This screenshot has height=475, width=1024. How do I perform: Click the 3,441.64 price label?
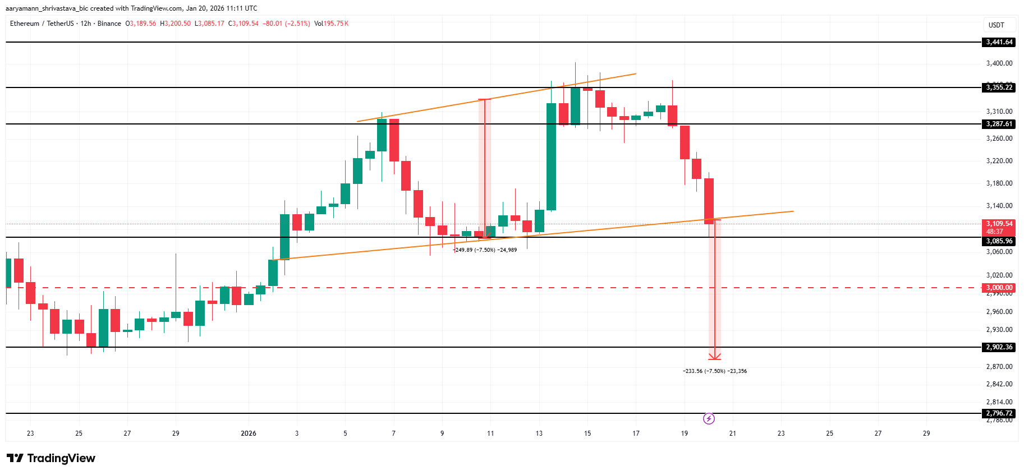(999, 42)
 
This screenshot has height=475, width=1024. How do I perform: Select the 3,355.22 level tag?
(999, 87)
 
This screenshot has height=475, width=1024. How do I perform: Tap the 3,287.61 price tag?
(999, 124)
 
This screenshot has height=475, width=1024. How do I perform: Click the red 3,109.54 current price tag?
(999, 224)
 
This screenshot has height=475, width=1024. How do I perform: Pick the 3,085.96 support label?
(999, 241)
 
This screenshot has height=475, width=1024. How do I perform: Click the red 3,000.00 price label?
(999, 288)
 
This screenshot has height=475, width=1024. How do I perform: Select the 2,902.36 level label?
(999, 347)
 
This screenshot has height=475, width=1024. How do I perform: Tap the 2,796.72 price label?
(999, 413)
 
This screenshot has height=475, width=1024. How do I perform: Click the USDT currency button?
(996, 25)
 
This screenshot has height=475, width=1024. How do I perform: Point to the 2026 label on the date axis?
(248, 434)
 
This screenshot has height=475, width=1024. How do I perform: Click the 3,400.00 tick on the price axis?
(999, 63)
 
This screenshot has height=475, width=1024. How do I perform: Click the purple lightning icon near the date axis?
(709, 418)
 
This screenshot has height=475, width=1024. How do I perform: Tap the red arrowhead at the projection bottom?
(714, 357)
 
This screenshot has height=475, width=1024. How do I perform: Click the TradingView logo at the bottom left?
(51, 458)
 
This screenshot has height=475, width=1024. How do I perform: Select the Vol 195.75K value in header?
(331, 24)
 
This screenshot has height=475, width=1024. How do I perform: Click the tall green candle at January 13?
(551, 156)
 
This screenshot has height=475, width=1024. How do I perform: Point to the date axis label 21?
(732, 434)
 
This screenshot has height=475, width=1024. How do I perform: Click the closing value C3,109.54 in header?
(244, 24)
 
